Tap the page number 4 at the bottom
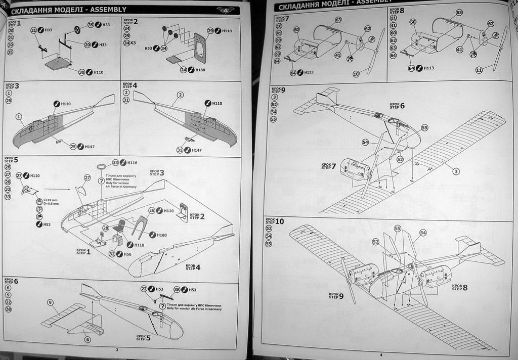click(380, 354)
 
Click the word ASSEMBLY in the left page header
click(108, 9)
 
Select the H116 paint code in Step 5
click(133, 162)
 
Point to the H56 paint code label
click(127, 254)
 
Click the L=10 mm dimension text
click(51, 200)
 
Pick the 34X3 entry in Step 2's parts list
click(129, 43)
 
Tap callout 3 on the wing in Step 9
click(456, 171)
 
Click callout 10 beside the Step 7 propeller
click(356, 74)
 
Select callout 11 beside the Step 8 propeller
click(479, 70)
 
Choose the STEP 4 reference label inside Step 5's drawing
click(193, 267)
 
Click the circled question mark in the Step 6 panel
click(162, 306)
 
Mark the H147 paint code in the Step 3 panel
click(90, 147)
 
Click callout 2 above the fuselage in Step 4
click(180, 95)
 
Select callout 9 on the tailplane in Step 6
click(50, 302)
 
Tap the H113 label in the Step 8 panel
click(428, 68)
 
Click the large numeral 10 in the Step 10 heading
click(280, 221)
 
